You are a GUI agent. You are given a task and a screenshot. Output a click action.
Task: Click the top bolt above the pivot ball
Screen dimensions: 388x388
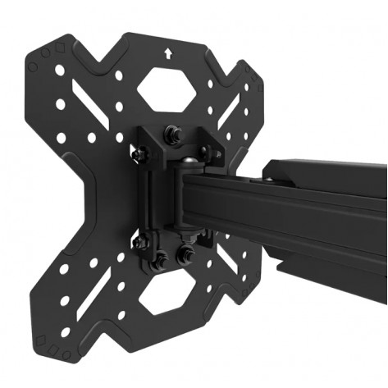(174, 130)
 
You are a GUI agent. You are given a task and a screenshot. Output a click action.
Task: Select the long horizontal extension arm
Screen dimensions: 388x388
(295, 213)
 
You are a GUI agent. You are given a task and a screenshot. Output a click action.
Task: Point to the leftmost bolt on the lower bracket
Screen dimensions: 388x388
(139, 241)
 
